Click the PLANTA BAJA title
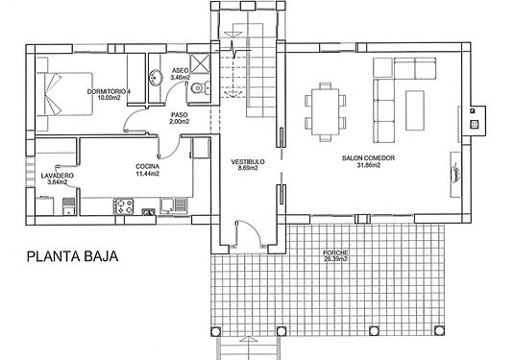(x=72, y=256)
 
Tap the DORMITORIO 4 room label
(x=109, y=91)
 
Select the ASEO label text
(x=180, y=71)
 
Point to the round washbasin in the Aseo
(x=156, y=78)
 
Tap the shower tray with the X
(x=200, y=63)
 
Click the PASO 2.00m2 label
(x=180, y=118)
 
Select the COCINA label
(x=148, y=166)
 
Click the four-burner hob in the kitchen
(x=123, y=206)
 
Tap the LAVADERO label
(x=58, y=176)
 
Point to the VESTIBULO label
(x=248, y=162)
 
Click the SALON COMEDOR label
(x=369, y=158)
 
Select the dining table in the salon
(x=325, y=111)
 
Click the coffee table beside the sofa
(x=415, y=110)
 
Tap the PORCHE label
(x=335, y=252)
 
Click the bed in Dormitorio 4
(x=64, y=94)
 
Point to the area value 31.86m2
(x=369, y=165)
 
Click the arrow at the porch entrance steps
(x=248, y=340)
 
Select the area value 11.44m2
(x=148, y=174)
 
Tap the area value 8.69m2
(x=248, y=168)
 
